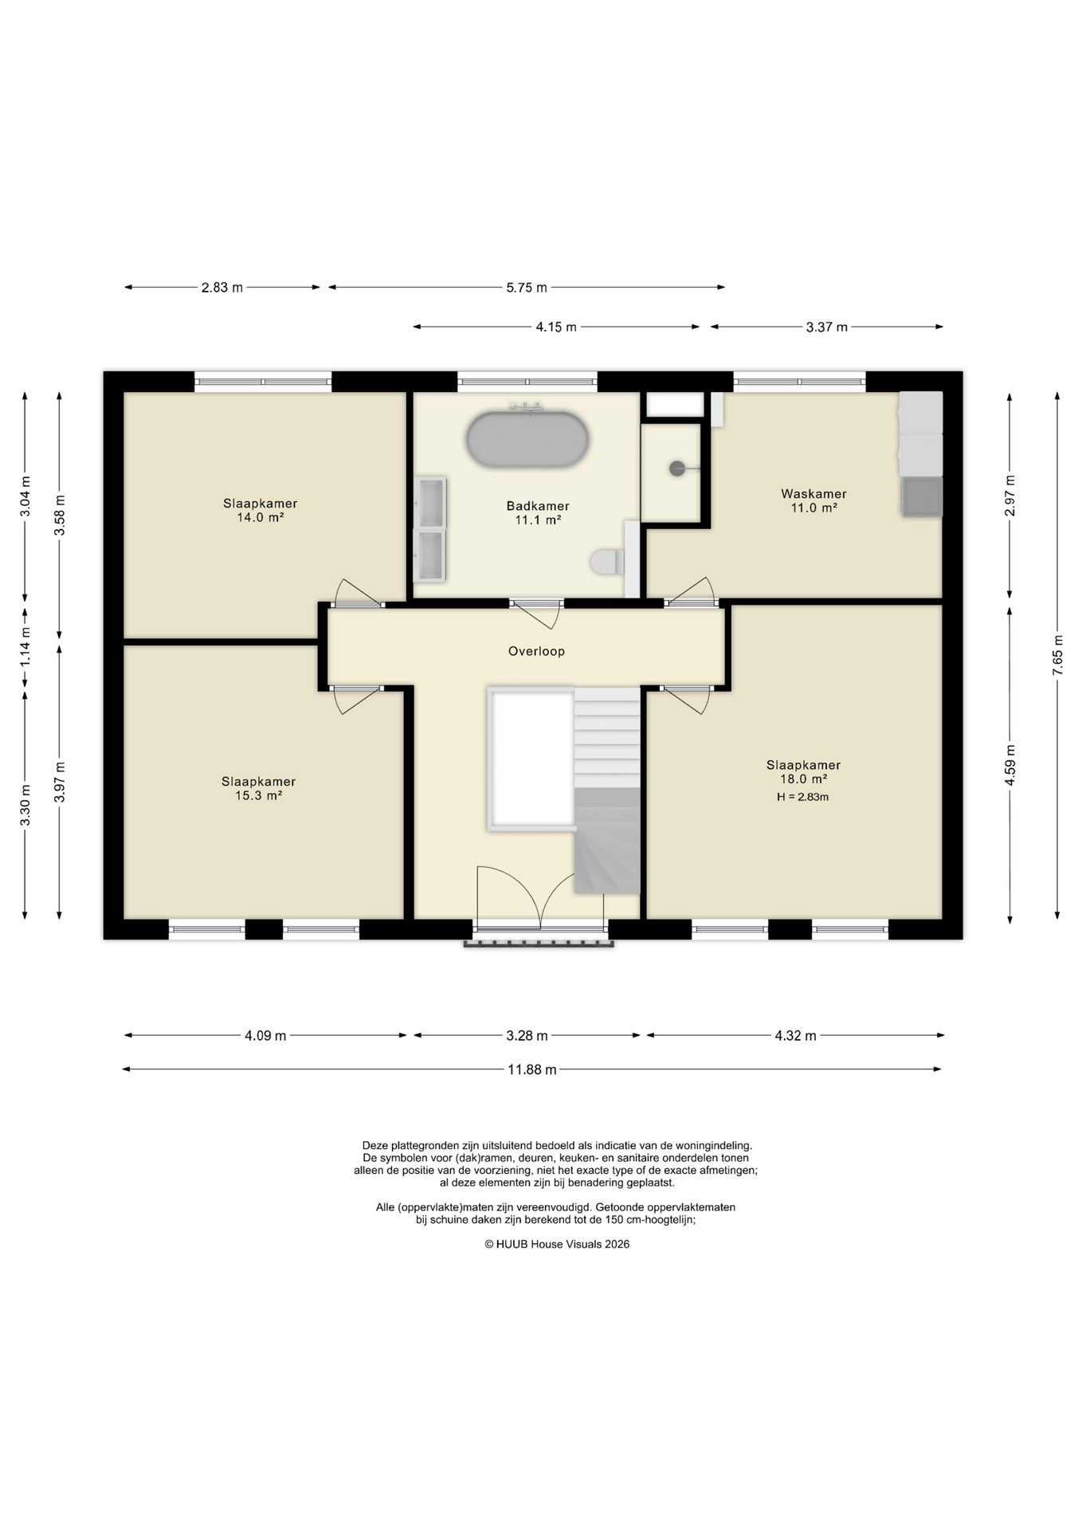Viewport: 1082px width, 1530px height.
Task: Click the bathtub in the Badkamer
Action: [527, 439]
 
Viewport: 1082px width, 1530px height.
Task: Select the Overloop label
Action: [536, 651]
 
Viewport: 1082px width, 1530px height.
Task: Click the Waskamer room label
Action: [813, 494]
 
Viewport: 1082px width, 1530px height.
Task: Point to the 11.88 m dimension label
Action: [532, 1069]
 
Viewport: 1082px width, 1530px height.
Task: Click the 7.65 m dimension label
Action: [1057, 656]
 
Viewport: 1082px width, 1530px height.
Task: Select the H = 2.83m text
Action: [802, 797]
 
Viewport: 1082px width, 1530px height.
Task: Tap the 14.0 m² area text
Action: [260, 517]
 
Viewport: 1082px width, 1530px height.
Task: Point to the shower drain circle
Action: [677, 469]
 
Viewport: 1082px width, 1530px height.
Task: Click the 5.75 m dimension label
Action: [527, 288]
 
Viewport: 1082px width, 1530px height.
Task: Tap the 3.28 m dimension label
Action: [527, 1036]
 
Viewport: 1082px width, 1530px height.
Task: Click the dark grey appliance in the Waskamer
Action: [922, 497]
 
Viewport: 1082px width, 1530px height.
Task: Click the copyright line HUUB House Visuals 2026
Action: [557, 1244]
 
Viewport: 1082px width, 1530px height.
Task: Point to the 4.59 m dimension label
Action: [1009, 765]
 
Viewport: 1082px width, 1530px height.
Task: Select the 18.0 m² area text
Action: [803, 779]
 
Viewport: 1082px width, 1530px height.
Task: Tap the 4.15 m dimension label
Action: [555, 327]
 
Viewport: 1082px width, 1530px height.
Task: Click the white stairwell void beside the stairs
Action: [531, 759]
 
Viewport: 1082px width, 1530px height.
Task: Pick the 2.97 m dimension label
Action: [1009, 495]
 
